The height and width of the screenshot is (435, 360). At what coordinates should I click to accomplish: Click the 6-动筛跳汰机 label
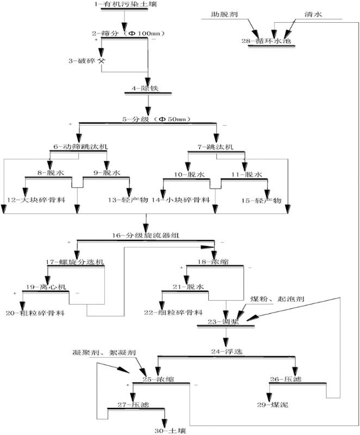click(80, 147)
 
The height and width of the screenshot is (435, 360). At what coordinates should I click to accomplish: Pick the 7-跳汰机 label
click(215, 147)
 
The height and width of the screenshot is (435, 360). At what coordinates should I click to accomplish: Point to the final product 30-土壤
click(163, 430)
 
